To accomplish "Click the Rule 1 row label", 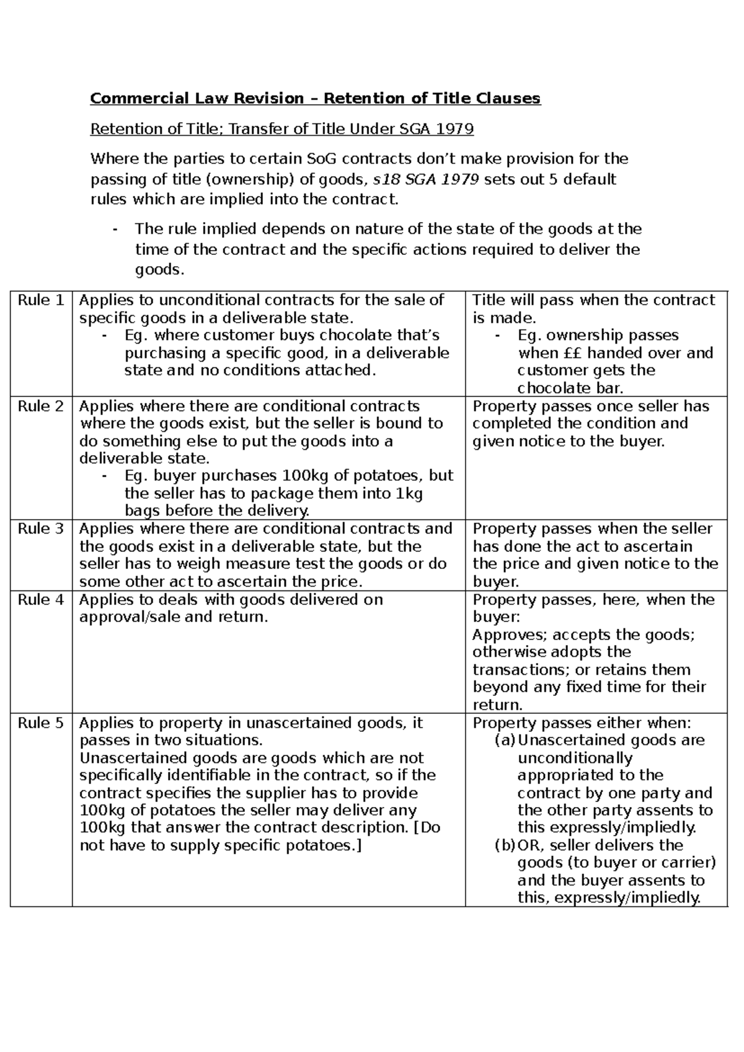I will point(40,301).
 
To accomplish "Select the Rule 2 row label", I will point(40,407).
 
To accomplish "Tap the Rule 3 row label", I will point(40,529).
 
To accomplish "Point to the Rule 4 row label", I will point(40,600).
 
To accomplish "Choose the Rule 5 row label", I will point(40,723).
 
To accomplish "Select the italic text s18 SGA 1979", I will point(425,180).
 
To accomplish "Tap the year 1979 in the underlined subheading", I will point(454,129).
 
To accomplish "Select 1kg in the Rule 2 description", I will point(409,494).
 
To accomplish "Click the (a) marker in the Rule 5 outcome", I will point(505,741).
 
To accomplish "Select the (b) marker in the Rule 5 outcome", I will point(505,845).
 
